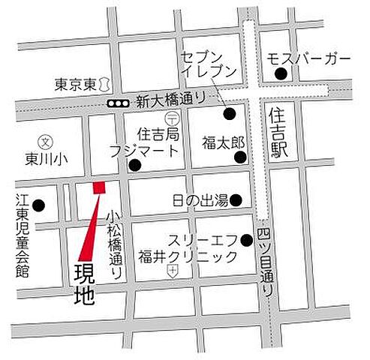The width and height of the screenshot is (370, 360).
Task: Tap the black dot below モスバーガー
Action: tap(280, 73)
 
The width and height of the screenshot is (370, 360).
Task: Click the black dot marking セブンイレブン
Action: tap(229, 114)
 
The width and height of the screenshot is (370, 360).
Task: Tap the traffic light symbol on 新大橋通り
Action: tap(119, 103)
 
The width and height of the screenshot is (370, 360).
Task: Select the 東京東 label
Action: tap(76, 85)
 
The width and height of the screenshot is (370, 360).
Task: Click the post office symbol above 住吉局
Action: tap(171, 118)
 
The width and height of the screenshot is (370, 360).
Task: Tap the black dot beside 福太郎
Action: tap(240, 157)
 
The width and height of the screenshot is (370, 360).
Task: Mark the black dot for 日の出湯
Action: tap(235, 200)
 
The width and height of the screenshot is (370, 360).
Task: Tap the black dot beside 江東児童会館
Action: tap(40, 205)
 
